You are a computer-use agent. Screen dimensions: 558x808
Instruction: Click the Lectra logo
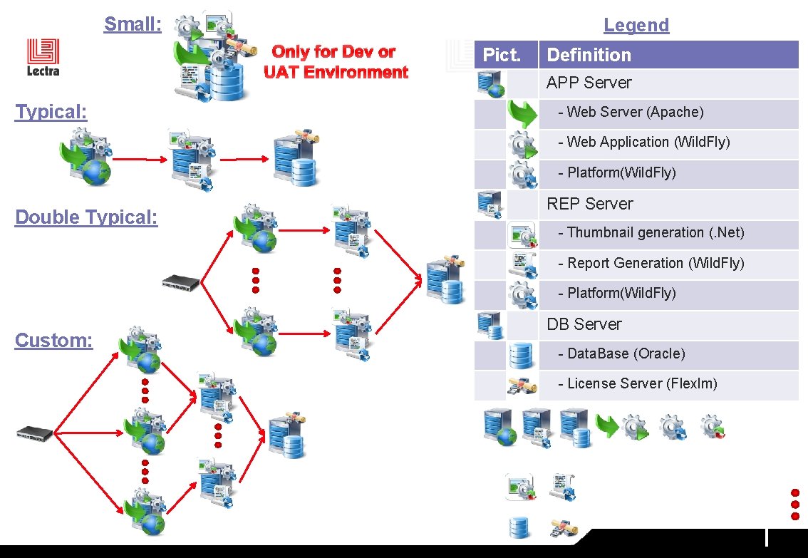(x=43, y=57)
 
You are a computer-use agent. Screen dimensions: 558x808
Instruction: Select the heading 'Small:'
(x=133, y=24)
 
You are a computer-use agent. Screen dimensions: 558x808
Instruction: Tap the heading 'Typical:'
(x=51, y=112)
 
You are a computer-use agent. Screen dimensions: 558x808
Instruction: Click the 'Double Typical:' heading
(x=86, y=217)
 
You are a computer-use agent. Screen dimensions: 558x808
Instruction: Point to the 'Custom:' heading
(x=54, y=341)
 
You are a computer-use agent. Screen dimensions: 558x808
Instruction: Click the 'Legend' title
(x=636, y=25)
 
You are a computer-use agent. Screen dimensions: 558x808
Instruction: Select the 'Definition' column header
(x=589, y=55)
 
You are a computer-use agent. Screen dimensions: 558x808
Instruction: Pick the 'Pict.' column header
(x=502, y=55)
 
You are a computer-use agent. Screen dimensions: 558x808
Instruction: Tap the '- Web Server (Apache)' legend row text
(x=631, y=112)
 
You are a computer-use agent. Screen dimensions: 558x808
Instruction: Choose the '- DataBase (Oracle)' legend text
(x=622, y=353)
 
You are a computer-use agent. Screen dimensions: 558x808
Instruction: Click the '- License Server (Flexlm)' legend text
(x=637, y=383)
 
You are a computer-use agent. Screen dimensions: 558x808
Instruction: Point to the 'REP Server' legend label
(x=589, y=204)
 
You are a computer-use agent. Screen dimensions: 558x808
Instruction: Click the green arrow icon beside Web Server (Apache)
(x=522, y=113)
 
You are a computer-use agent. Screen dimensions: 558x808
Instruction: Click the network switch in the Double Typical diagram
(x=182, y=282)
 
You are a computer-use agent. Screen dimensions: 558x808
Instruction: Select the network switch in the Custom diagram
(x=36, y=432)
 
